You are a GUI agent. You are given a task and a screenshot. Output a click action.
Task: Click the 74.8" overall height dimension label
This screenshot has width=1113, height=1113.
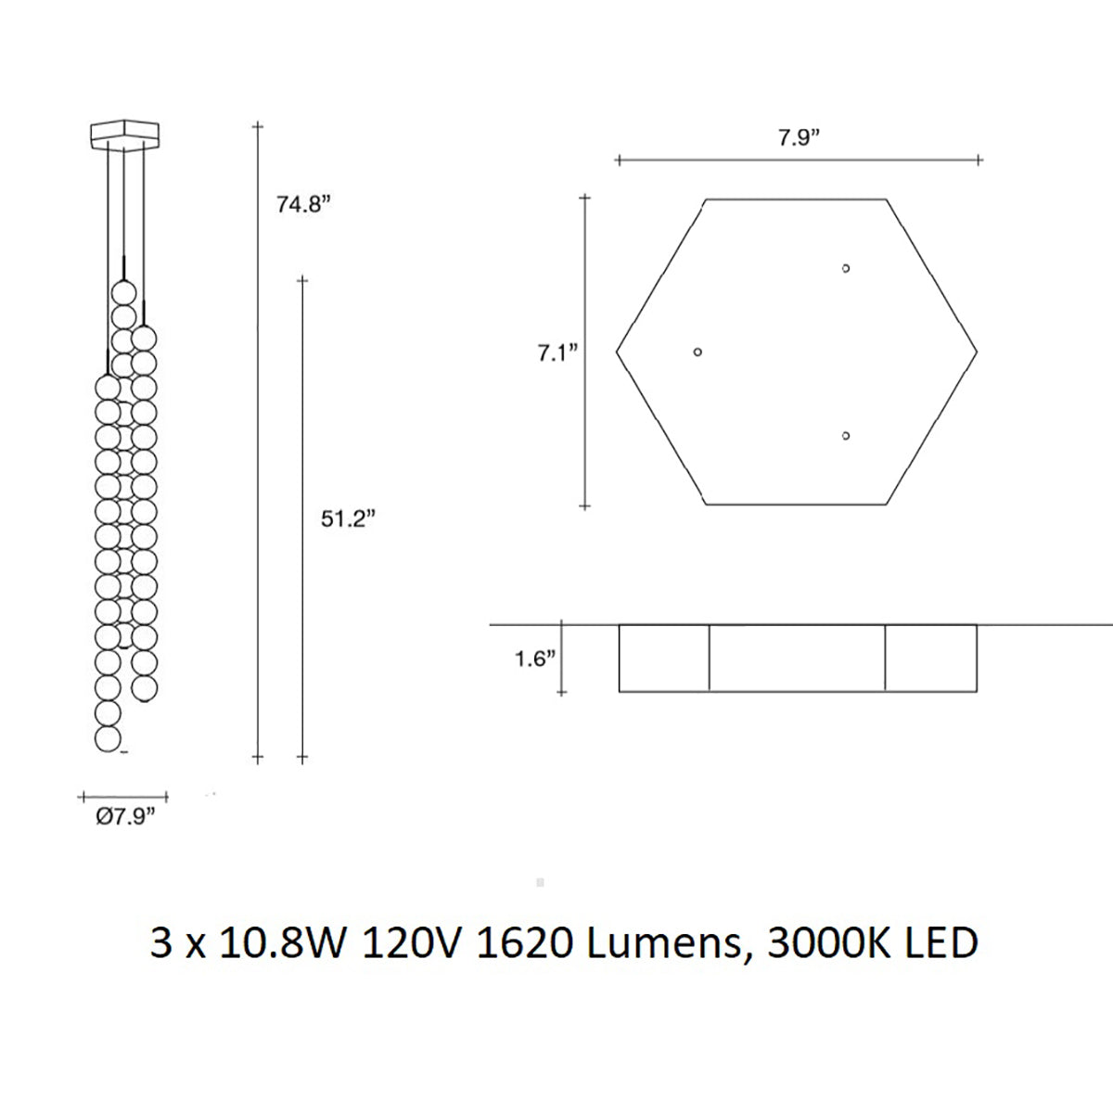point(303,204)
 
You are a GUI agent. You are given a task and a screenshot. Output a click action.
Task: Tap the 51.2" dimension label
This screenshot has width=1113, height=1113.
point(349,519)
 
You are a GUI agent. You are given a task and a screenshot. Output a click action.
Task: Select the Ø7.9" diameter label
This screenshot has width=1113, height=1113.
point(126,817)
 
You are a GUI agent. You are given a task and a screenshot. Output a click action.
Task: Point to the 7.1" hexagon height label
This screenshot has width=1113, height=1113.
point(557,352)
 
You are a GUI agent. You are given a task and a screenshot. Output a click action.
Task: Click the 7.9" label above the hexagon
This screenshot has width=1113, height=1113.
point(799,138)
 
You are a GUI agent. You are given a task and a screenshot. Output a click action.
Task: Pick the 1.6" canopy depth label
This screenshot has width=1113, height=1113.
point(535,659)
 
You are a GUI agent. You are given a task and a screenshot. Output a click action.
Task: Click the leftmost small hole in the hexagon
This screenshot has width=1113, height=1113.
point(697,352)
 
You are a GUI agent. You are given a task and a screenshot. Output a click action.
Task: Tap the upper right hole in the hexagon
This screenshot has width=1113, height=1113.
point(846,268)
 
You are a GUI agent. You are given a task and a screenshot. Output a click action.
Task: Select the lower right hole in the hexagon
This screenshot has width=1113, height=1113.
point(846,436)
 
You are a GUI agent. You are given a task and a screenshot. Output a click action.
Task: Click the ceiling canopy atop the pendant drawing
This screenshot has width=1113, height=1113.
point(125,134)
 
